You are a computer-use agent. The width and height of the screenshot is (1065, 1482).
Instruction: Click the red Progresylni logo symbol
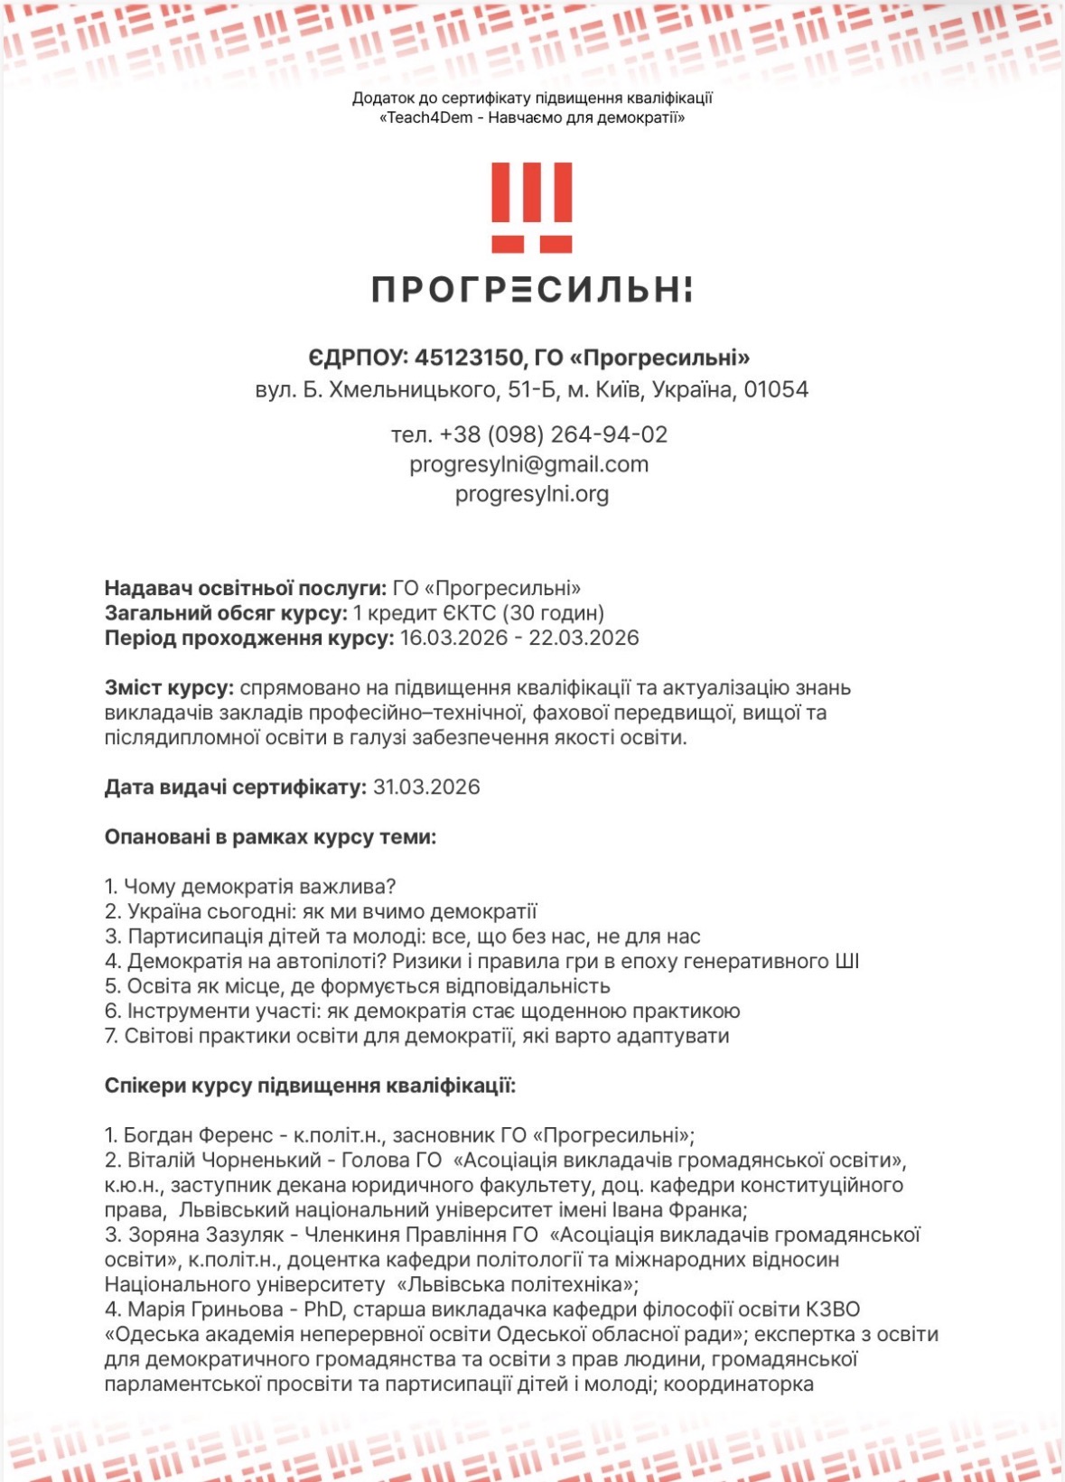coord(532,207)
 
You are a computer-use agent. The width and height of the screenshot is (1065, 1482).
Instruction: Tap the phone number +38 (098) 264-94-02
coord(553,434)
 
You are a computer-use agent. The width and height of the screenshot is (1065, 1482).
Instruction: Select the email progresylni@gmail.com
coord(528,464)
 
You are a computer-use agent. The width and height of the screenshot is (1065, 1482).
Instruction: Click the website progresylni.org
coord(531,494)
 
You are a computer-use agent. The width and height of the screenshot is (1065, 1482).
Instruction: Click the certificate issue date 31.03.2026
coord(426,787)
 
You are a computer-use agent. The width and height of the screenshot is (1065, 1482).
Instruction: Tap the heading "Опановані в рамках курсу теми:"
coord(270,837)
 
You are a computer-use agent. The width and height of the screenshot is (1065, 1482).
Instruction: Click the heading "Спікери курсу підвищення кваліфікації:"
coord(310,1086)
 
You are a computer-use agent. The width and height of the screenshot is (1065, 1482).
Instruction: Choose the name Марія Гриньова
coord(202,1310)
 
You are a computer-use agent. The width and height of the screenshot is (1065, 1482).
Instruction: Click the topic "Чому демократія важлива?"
coord(260,887)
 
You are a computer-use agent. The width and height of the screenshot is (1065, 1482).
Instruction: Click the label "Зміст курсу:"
coord(169,688)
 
